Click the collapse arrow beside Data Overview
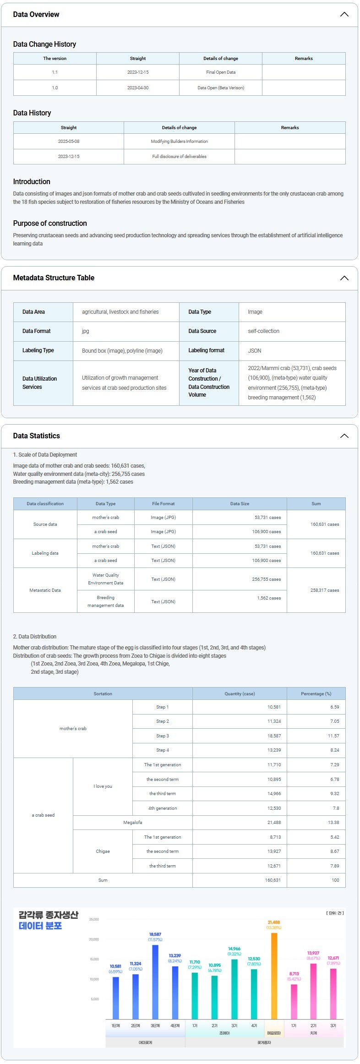point(344,14)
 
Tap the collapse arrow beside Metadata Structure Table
point(344,278)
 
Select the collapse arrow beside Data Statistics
point(344,436)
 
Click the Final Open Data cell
point(220,72)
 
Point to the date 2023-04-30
point(137,87)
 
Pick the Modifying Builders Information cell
point(179,142)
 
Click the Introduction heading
point(32,182)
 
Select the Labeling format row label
point(206,350)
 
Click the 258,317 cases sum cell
point(324,590)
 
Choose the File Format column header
point(163,504)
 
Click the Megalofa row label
point(132,823)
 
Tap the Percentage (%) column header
point(316,694)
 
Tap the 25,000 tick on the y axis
point(94,920)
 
